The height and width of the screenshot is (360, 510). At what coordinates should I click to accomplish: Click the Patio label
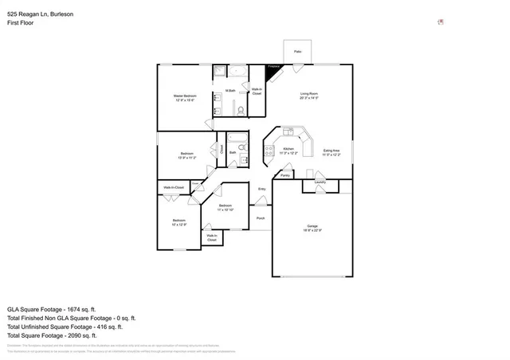coord(297,52)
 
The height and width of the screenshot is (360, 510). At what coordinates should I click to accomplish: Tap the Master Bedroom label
coord(185,96)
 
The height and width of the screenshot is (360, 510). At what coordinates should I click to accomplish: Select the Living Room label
coord(309,95)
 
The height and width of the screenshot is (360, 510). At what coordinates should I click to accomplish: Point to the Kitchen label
coord(289,149)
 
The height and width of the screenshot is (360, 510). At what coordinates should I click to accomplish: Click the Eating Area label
coord(331,151)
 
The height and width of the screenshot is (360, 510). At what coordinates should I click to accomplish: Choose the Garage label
coord(312,225)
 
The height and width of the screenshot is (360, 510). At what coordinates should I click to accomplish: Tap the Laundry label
coord(320,182)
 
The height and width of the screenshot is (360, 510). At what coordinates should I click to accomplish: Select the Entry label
coord(261,189)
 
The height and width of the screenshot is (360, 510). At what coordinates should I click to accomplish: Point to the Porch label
coord(260,217)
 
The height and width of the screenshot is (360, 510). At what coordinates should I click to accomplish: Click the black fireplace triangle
coord(273,72)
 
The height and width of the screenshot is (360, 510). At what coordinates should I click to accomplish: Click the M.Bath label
coord(229,90)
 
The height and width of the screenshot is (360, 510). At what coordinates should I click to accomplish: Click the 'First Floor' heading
coord(21,23)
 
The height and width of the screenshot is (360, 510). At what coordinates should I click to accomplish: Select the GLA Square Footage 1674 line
coord(51,309)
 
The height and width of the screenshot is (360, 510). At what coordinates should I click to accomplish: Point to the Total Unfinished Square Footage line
coord(65,327)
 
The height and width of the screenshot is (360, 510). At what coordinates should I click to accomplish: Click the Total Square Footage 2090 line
coord(52,335)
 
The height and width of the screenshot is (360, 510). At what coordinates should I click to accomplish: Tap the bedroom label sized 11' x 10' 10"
coord(226,207)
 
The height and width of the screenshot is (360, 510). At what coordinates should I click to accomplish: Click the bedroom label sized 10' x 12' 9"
coord(178,221)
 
